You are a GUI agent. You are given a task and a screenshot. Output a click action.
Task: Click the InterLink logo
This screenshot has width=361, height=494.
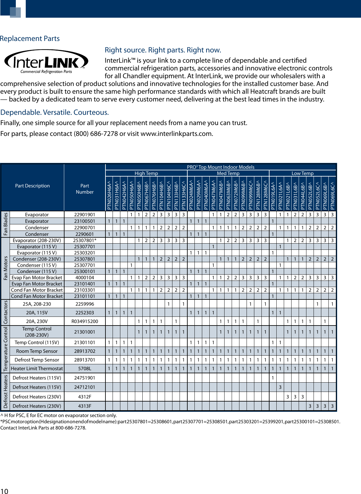(46, 62)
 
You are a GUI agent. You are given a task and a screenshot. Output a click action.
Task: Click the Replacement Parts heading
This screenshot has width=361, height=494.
(30, 38)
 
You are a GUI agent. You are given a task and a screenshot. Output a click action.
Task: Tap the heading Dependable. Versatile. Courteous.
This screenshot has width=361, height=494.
(55, 112)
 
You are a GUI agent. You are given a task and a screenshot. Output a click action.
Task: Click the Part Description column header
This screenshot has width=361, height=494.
(32, 186)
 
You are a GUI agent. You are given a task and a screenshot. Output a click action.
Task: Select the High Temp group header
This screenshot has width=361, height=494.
(146, 173)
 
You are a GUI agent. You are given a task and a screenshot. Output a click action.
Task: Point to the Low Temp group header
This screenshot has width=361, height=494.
(302, 173)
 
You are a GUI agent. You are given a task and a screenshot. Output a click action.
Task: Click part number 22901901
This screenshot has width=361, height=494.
(85, 215)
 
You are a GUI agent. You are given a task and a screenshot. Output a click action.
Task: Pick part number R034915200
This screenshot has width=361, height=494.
(85, 321)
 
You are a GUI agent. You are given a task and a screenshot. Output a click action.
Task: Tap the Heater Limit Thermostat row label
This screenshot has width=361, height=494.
(37, 369)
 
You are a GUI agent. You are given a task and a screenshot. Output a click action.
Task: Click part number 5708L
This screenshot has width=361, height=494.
(85, 369)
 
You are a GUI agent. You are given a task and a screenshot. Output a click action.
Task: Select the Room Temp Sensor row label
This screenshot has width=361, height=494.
(37, 351)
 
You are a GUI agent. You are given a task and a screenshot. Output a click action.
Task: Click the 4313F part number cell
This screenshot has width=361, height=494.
(85, 406)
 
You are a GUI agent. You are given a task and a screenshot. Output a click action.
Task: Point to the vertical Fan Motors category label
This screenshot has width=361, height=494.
(6, 268)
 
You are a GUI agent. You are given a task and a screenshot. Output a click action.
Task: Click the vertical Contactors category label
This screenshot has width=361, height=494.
(6, 312)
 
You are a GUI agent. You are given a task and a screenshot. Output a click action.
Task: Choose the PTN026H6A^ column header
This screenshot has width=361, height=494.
(109, 194)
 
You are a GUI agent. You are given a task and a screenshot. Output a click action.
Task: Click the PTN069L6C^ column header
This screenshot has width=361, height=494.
(332, 194)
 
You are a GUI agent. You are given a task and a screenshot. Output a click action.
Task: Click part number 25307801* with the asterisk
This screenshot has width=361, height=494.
(85, 240)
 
